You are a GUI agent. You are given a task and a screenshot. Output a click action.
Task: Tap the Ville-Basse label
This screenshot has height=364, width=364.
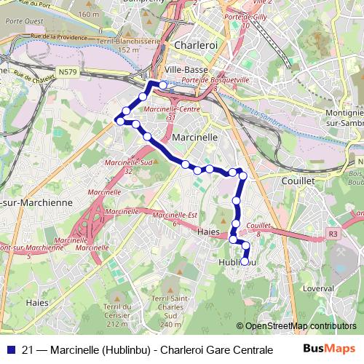coord(186,69)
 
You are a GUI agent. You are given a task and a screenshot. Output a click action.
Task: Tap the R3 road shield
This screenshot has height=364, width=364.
coord(333,234)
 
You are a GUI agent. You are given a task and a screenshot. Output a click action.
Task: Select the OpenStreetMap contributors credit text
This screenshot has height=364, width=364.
coord(300,326)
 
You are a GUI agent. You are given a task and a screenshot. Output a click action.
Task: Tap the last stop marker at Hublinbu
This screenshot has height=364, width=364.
coord(245,262)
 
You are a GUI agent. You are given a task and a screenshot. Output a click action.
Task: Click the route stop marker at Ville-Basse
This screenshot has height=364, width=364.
coord(163,85)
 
